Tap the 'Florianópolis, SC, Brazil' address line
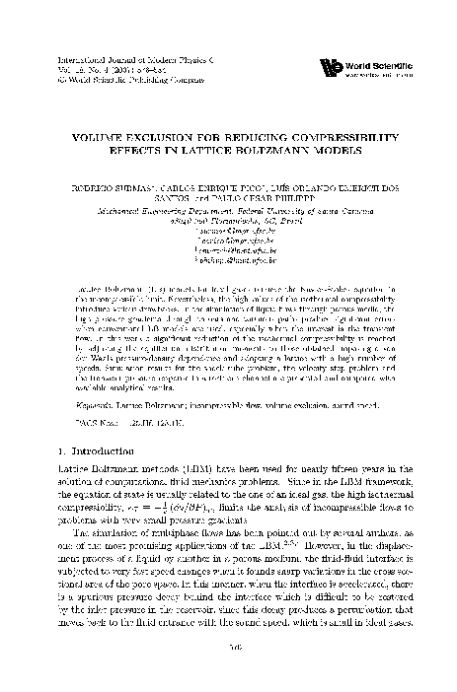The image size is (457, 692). tap(233, 223)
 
